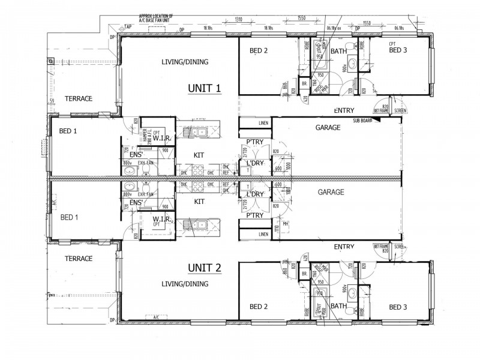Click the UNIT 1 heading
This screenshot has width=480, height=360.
pyautogui.click(x=205, y=88)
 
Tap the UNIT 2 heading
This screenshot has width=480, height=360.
pyautogui.click(x=205, y=268)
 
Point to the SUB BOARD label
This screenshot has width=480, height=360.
pyautogui.click(x=364, y=121)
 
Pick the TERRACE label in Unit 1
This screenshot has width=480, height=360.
pyautogui.click(x=79, y=98)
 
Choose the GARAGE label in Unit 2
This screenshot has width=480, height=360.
pyautogui.click(x=331, y=193)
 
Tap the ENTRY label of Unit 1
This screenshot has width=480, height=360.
pyautogui.click(x=344, y=110)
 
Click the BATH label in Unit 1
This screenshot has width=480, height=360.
pyautogui.click(x=339, y=52)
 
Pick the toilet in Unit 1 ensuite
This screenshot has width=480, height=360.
pyautogui.click(x=145, y=172)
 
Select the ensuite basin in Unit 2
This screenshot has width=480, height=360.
pyautogui.click(x=128, y=186)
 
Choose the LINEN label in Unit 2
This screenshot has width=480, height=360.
pyautogui.click(x=263, y=233)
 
